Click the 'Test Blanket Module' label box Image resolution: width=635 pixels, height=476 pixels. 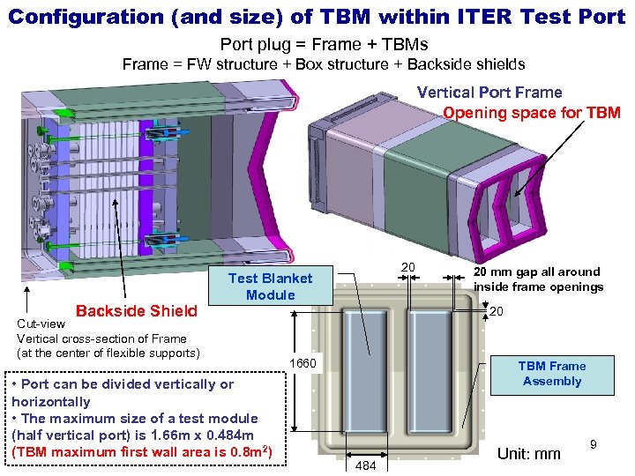(x=270, y=286)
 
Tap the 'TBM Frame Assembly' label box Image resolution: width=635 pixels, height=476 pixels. (x=552, y=373)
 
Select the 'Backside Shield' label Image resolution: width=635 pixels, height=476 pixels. (x=137, y=310)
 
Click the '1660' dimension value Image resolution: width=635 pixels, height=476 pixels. (x=303, y=364)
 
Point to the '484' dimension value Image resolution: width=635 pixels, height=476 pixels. (x=363, y=465)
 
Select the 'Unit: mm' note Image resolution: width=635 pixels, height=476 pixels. (x=529, y=454)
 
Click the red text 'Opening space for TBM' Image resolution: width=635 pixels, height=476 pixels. (x=531, y=113)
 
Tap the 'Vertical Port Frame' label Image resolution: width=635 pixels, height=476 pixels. (x=489, y=93)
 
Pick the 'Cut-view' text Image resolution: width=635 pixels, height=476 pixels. (x=41, y=324)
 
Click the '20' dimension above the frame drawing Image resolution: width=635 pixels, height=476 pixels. (x=407, y=267)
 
